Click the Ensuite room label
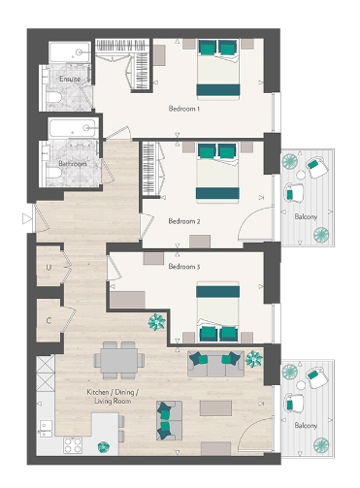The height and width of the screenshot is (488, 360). coord(70,78)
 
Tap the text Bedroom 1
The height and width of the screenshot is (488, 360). coord(184,109)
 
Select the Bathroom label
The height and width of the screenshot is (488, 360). coord(72,164)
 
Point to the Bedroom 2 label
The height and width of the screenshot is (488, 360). coord(184,221)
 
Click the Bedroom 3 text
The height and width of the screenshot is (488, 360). coord(184,265)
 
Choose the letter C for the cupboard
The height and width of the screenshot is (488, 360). coord(48,317)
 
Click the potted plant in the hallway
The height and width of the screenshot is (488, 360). coord(154,322)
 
